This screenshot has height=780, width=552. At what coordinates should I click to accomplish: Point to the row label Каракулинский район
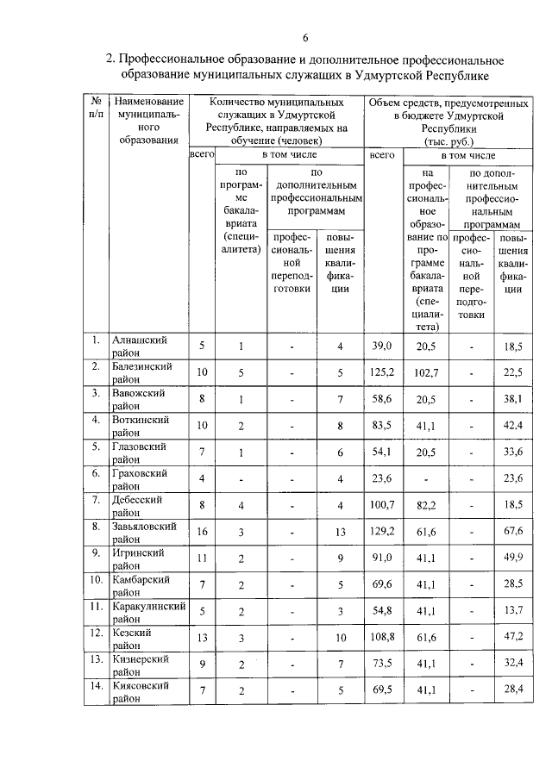point(149,612)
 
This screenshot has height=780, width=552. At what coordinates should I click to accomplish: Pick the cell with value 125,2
point(381,372)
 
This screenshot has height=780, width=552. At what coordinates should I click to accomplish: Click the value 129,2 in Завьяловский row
point(381,533)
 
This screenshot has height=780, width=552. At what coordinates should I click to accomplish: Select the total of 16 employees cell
point(202,533)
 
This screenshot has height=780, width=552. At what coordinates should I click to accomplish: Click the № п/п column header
point(97,108)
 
